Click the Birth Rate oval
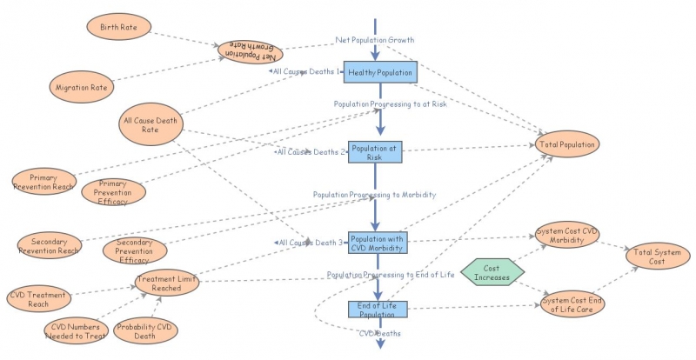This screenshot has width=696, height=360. [121, 27]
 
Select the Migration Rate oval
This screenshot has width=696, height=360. [81, 87]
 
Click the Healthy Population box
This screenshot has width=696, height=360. [380, 73]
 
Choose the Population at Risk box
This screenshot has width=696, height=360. [377, 152]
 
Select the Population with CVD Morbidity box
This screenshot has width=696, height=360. [378, 243]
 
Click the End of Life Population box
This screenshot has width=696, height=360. [377, 310]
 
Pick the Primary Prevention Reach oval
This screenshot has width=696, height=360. [43, 180]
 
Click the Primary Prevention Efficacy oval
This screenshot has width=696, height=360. [113, 191]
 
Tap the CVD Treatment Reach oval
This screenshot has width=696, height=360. [38, 299]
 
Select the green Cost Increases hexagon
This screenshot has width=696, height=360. [492, 271]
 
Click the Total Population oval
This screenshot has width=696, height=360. [566, 143]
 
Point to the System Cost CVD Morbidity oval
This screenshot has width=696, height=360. [566, 236]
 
